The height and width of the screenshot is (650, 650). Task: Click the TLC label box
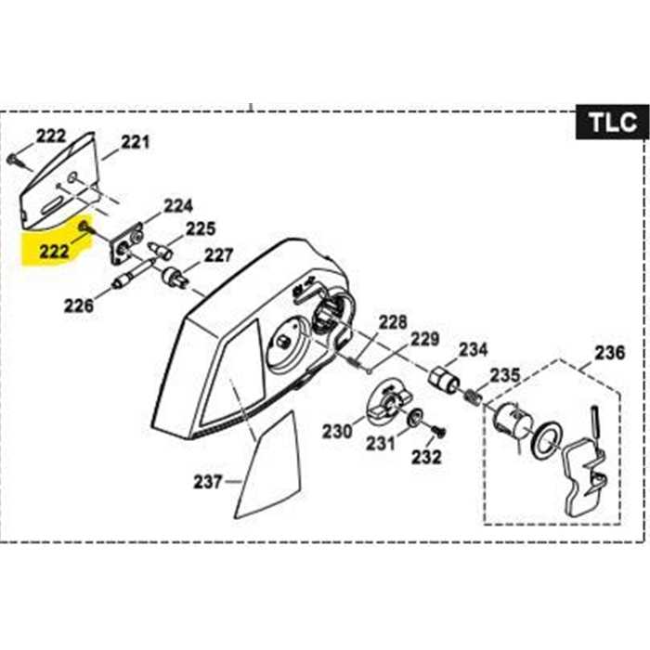611,122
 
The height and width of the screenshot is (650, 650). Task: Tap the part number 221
135,142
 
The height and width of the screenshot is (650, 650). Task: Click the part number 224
178,205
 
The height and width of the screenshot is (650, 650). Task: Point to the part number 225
201,227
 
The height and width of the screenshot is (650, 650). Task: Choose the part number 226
79,304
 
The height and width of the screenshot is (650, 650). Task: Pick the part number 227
219,254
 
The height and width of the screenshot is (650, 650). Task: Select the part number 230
337,431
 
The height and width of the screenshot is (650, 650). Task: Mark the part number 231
380,443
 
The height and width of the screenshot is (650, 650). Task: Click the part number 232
426,456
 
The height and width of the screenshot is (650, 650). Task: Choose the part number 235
505,375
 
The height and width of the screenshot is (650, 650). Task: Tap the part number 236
610,353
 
